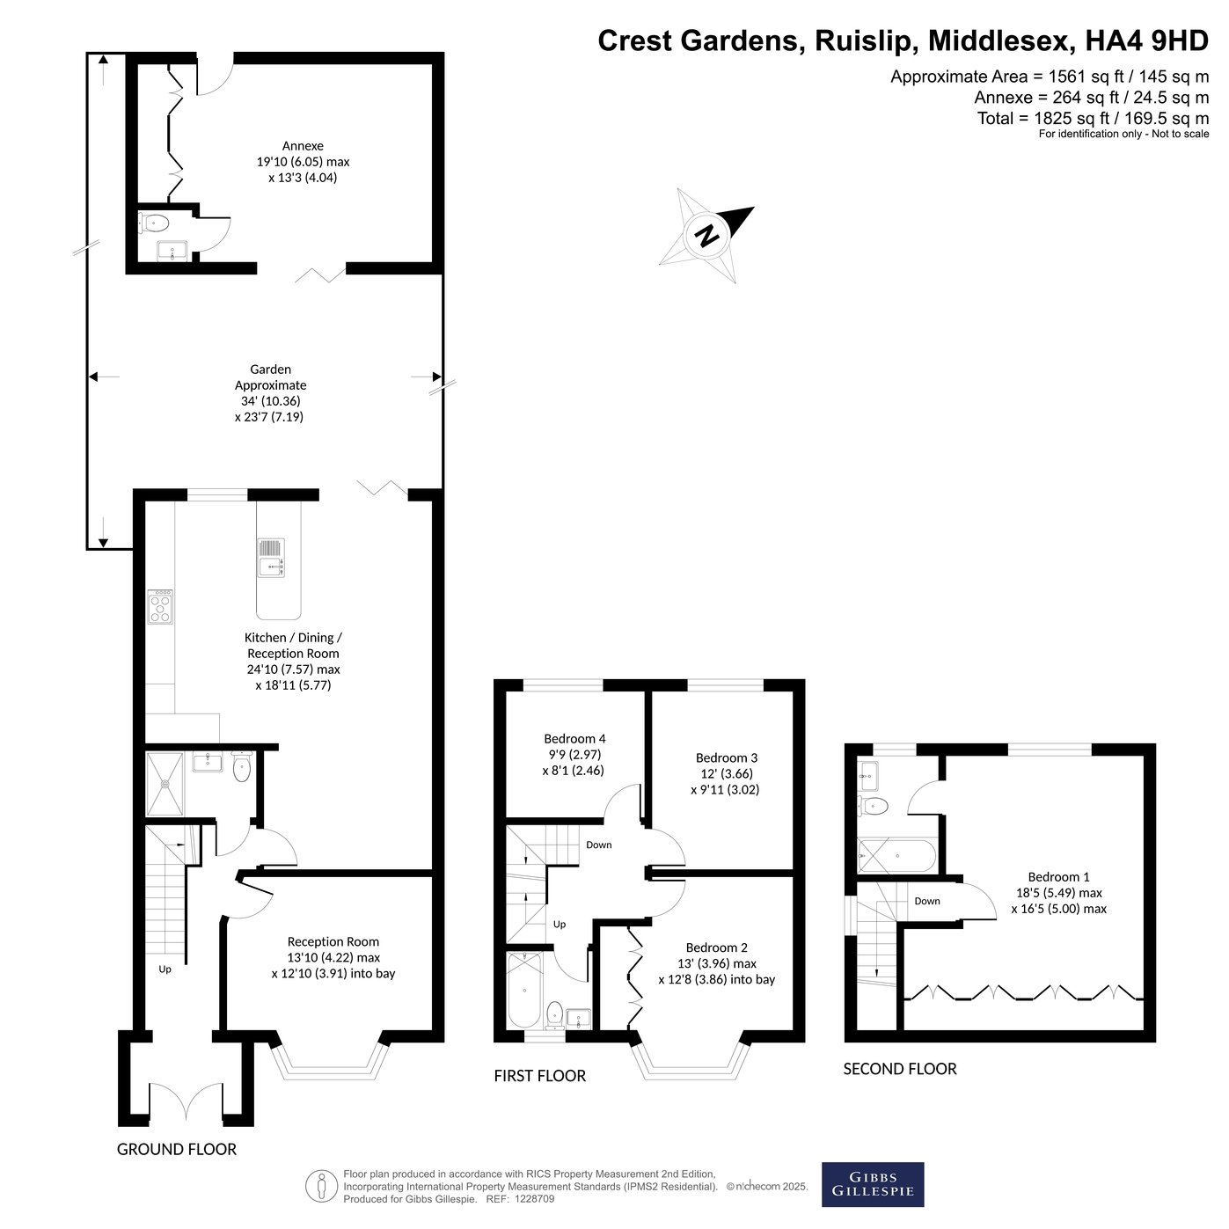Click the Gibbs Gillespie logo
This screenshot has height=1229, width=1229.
(872, 1184)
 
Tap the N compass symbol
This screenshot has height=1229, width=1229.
(706, 236)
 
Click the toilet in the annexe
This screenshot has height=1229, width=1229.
(154, 223)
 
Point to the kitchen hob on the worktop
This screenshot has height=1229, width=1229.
(160, 606)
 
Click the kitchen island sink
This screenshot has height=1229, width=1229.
(271, 558)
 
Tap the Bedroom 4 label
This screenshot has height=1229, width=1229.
(574, 739)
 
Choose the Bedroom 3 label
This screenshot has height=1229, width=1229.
(727, 757)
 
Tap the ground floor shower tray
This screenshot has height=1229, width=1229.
(165, 784)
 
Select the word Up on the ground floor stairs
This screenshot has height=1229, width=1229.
(165, 969)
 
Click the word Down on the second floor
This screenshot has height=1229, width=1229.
(926, 901)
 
